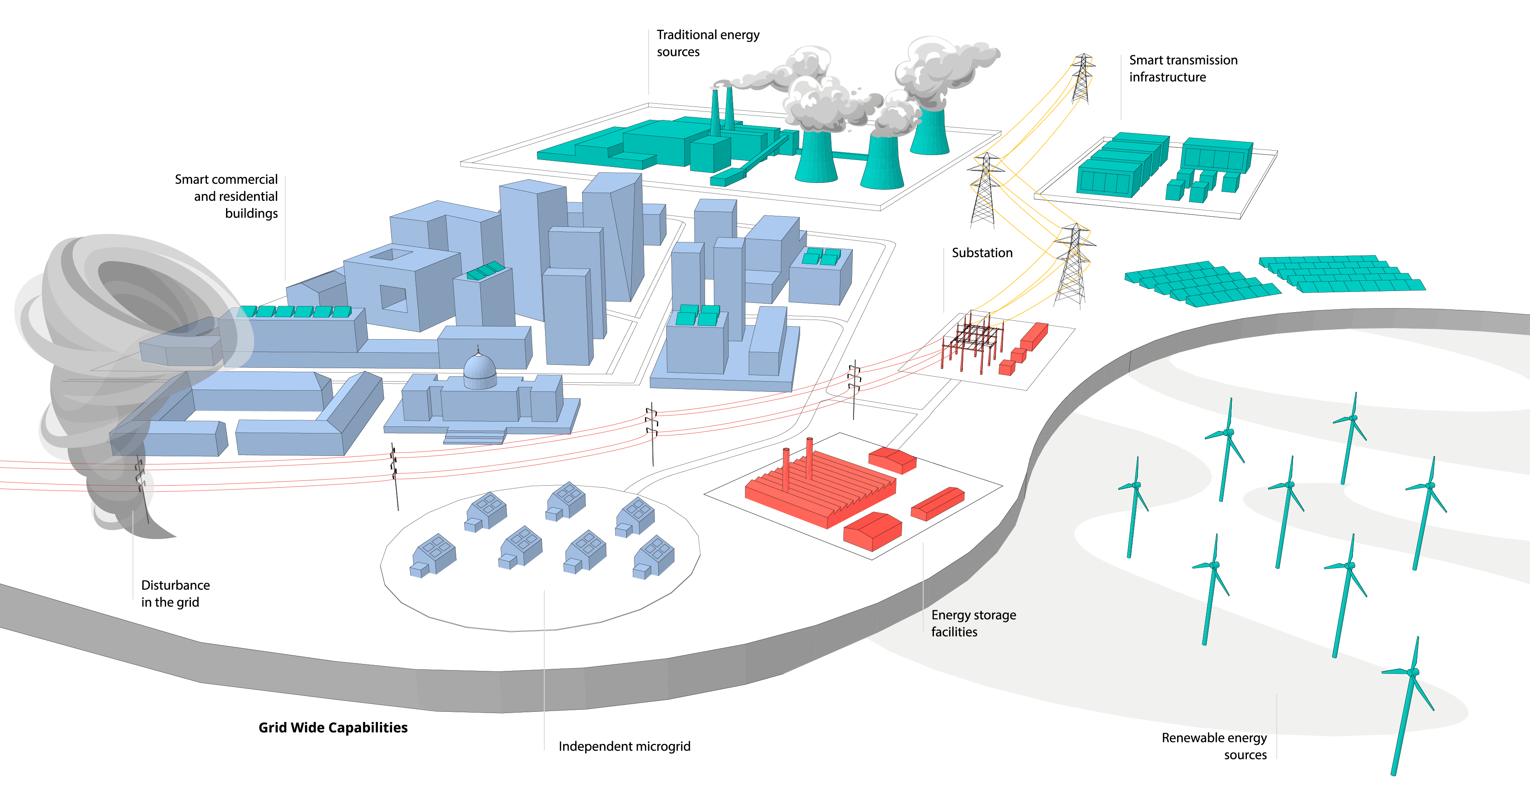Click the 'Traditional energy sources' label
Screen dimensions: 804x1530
707,43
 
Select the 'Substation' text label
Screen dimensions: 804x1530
982,253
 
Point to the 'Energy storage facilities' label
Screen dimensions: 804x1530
973,623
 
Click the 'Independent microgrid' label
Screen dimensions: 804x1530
624,746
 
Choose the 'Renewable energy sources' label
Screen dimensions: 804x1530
1214,746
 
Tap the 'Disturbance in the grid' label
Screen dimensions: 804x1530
175,594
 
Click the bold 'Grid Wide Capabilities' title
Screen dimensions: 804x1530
333,728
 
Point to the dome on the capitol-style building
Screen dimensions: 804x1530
479,369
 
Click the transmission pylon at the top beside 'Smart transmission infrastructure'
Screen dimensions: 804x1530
1082,77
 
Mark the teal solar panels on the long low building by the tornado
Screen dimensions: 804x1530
295,311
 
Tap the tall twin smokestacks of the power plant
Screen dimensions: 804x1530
722,110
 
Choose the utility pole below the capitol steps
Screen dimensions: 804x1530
395,475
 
